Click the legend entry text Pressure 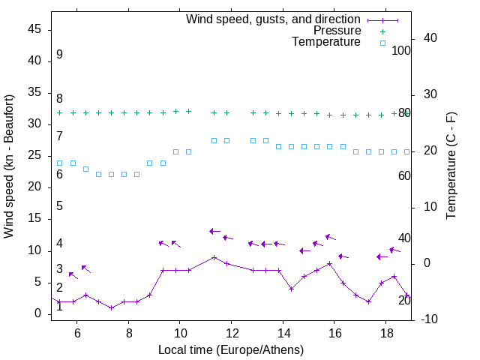pyautogui.click(x=337, y=31)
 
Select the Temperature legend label pyautogui.click(x=325, y=42)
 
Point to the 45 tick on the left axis pyautogui.click(x=34, y=29)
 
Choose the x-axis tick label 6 pyautogui.click(x=77, y=334)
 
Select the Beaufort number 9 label pyautogui.click(x=59, y=55)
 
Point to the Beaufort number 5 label pyautogui.click(x=59, y=206)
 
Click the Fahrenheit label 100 pyautogui.click(x=401, y=50)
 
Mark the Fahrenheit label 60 pyautogui.click(x=404, y=175)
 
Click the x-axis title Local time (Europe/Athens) pyautogui.click(x=231, y=349)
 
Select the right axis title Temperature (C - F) pyautogui.click(x=451, y=166)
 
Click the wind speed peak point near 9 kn pyautogui.click(x=214, y=257)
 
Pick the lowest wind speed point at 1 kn pyautogui.click(x=111, y=307)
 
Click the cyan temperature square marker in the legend pyautogui.click(x=382, y=43)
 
